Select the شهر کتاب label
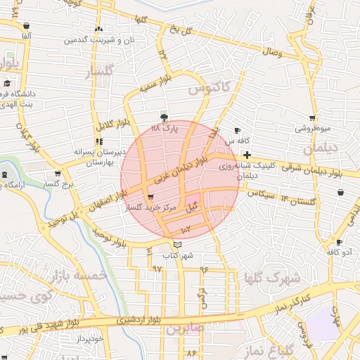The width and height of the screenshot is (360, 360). pyautogui.click(x=177, y=255)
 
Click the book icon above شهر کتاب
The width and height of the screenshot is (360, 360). pyautogui.click(x=177, y=244)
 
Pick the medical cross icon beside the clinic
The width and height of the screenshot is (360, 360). pyautogui.click(x=247, y=154)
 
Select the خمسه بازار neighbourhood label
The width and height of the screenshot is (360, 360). pyautogui.click(x=80, y=274)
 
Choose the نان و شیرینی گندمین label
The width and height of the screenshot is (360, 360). pyautogui.click(x=98, y=41)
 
